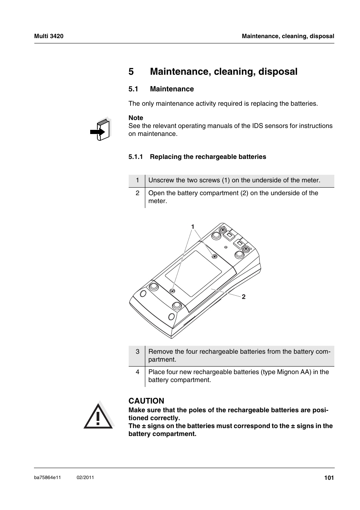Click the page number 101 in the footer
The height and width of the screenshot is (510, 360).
pyautogui.click(x=329, y=478)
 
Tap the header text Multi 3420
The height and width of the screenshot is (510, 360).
pyautogui.click(x=49, y=36)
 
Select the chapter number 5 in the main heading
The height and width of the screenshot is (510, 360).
pyautogui.click(x=131, y=71)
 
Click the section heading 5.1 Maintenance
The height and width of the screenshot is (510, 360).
pyautogui.click(x=161, y=89)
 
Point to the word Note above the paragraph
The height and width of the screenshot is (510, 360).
pyautogui.click(x=136, y=118)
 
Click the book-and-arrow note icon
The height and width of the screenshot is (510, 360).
pyautogui.click(x=101, y=129)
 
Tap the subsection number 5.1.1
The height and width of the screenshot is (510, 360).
pyautogui.click(x=135, y=157)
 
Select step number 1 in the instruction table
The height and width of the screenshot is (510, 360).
pyautogui.click(x=138, y=180)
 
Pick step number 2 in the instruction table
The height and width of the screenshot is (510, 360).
pyautogui.click(x=138, y=193)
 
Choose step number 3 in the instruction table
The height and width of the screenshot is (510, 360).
pyautogui.click(x=138, y=352)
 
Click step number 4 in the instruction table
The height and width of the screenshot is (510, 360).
pyautogui.click(x=138, y=372)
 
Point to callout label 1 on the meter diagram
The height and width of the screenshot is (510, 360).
pyautogui.click(x=192, y=226)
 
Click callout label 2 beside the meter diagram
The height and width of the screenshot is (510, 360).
pyautogui.click(x=244, y=297)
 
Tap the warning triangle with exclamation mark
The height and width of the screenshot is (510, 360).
pyautogui.click(x=98, y=416)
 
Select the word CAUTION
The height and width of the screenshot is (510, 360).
pyautogui.click(x=146, y=401)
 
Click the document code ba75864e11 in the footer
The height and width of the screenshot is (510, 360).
pyautogui.click(x=47, y=478)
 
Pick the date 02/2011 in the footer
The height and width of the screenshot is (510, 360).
pyautogui.click(x=85, y=478)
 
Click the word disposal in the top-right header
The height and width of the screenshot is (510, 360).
pyautogui.click(x=322, y=36)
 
